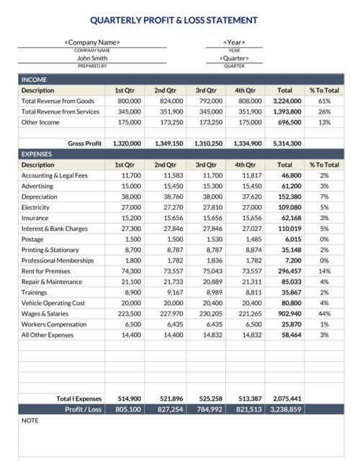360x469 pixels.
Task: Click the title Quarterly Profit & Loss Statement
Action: (179, 20)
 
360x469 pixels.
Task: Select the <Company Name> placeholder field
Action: (92, 42)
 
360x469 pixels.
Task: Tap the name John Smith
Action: (92, 58)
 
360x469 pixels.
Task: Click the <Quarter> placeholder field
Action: (234, 58)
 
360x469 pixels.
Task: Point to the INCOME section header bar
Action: (180, 80)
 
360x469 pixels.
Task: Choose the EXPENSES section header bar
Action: (180, 154)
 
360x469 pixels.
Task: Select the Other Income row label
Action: (40, 122)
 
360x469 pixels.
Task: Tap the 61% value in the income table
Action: (324, 101)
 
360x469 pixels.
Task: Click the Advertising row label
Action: (37, 186)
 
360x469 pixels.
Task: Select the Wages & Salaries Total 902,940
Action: (287, 314)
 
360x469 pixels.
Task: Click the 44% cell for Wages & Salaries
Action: (324, 314)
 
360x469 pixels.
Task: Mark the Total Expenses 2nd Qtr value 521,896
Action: (169, 398)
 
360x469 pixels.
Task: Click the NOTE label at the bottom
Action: (30, 419)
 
